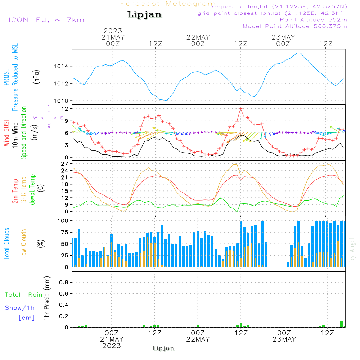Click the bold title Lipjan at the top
[x=144, y=14]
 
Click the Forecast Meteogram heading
[x=168, y=4]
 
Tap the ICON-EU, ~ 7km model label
[x=46, y=20]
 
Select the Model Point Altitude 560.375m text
[x=295, y=26]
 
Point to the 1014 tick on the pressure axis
[x=61, y=66]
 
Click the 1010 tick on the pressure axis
[x=61, y=101]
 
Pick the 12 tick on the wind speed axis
[x=65, y=109]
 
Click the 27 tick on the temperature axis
[x=65, y=164]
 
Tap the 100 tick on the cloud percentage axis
[x=63, y=221]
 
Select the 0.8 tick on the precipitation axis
[x=64, y=282]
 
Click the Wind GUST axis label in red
[x=6, y=133]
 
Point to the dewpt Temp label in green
[x=32, y=189]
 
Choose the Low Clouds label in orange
[x=24, y=244]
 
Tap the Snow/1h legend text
[x=20, y=308]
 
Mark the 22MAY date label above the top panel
[x=198, y=37]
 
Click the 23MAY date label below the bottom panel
[x=284, y=339]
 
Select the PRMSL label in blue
[x=6, y=77]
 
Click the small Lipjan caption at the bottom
[x=163, y=348]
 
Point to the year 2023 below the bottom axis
[x=112, y=346]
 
